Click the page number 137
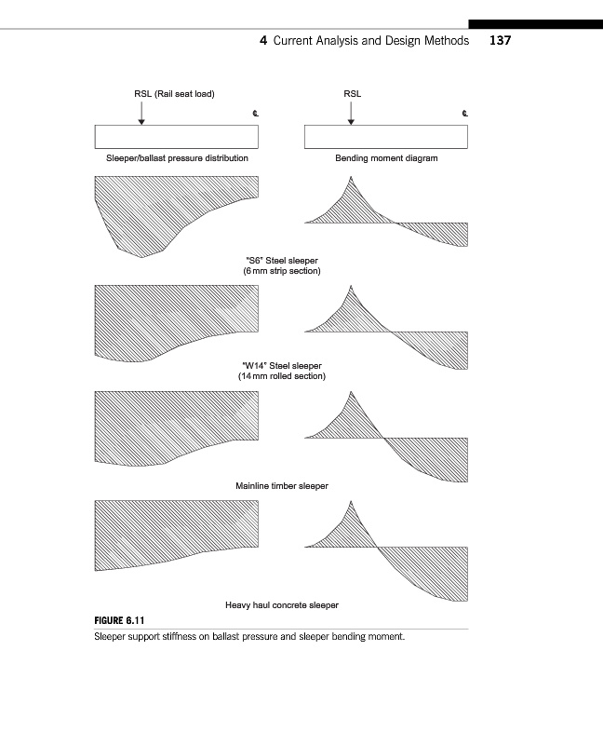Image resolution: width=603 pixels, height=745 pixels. pos(500,40)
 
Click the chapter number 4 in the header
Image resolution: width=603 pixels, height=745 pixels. pos(263,40)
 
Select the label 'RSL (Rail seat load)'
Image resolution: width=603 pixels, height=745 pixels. pos(174,94)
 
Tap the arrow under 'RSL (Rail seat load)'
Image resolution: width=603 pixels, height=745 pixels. pos(141,113)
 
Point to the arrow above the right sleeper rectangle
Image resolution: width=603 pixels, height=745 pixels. pos(351,113)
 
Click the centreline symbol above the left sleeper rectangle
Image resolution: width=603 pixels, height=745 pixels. pos(256,114)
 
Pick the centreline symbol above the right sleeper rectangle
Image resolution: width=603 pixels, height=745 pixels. pos(465,114)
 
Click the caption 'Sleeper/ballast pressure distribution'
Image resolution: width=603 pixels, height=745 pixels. pos(177,158)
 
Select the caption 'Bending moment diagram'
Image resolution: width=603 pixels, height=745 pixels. pos(386,158)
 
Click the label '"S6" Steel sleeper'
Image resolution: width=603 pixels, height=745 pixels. pos(282,261)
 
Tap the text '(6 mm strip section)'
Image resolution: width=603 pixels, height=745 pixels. pos(282,271)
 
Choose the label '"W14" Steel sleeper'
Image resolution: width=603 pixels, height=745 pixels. pos(282,366)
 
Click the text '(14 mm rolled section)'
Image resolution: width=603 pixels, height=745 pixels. pos(282,376)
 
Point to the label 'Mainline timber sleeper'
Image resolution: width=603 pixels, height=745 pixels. pos(282,486)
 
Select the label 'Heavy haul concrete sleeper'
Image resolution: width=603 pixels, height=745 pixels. pos(282,605)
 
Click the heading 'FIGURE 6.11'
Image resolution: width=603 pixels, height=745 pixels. pos(119,620)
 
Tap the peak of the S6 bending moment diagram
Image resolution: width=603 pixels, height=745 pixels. pos(351,177)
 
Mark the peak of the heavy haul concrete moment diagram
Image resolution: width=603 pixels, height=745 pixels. pos(351,501)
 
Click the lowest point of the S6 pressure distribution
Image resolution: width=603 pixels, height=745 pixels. pos(141,257)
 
